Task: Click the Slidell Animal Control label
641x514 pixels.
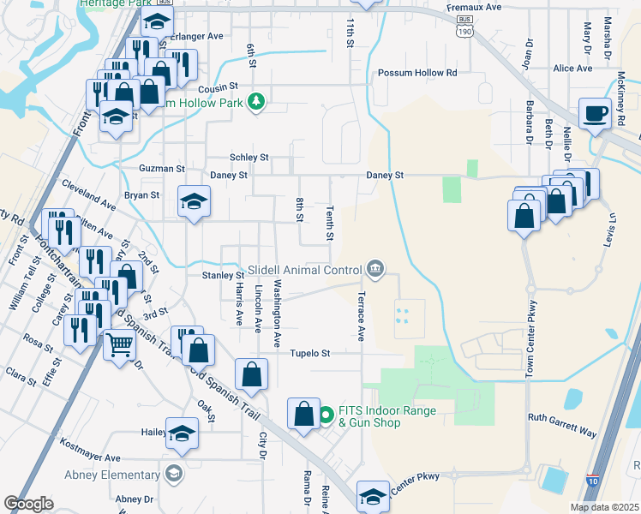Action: pos(304,270)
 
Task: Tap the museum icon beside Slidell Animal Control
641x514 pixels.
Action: pos(375,270)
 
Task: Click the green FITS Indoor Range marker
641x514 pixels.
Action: pos(326,417)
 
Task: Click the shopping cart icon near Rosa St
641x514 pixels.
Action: pos(119,344)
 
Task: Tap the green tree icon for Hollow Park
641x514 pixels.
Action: pos(255,103)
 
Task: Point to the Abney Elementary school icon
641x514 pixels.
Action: pos(174,474)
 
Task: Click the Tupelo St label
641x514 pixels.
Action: pos(309,353)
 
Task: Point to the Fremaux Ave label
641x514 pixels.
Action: pos(473,7)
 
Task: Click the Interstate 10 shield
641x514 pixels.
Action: pos(593,482)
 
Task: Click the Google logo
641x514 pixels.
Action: pos(28,504)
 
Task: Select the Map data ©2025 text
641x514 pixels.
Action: pos(603,507)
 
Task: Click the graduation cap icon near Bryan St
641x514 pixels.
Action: pos(194,202)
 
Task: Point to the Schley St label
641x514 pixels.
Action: pos(249,158)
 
